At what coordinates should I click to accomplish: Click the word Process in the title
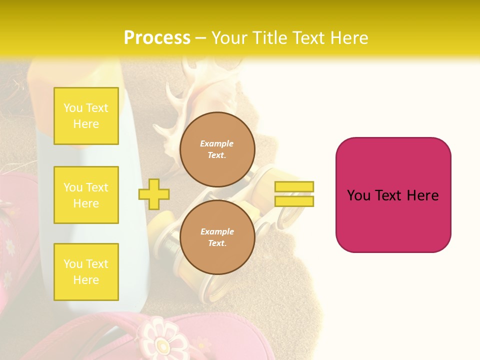pyautogui.click(x=157, y=38)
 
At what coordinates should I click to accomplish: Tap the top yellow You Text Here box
pyautogui.click(x=86, y=116)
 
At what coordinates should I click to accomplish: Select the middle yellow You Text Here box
pyautogui.click(x=86, y=195)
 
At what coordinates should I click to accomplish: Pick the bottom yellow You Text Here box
pyautogui.click(x=86, y=271)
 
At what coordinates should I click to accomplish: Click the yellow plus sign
pyautogui.click(x=154, y=194)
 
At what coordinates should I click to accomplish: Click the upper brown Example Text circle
pyautogui.click(x=217, y=149)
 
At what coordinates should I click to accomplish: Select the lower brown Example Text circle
pyautogui.click(x=217, y=237)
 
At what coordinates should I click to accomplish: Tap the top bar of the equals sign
pyautogui.click(x=294, y=187)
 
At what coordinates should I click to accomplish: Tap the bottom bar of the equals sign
pyautogui.click(x=294, y=201)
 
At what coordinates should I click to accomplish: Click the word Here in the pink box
pyautogui.click(x=422, y=195)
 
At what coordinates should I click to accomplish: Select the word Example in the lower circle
pyautogui.click(x=217, y=231)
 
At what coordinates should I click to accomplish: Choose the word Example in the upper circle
pyautogui.click(x=217, y=143)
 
